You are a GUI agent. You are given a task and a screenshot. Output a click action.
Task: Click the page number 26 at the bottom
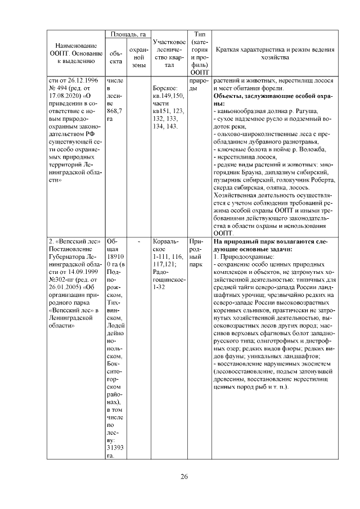[x=184, y=477]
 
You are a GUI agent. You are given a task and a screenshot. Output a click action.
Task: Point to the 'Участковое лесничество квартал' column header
[x=169, y=53]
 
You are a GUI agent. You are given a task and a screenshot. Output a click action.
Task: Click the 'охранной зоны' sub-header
[x=138, y=57]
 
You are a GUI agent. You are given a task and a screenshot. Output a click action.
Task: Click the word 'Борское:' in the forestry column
[x=165, y=88]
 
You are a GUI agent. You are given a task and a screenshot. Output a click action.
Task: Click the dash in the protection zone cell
[x=138, y=241]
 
